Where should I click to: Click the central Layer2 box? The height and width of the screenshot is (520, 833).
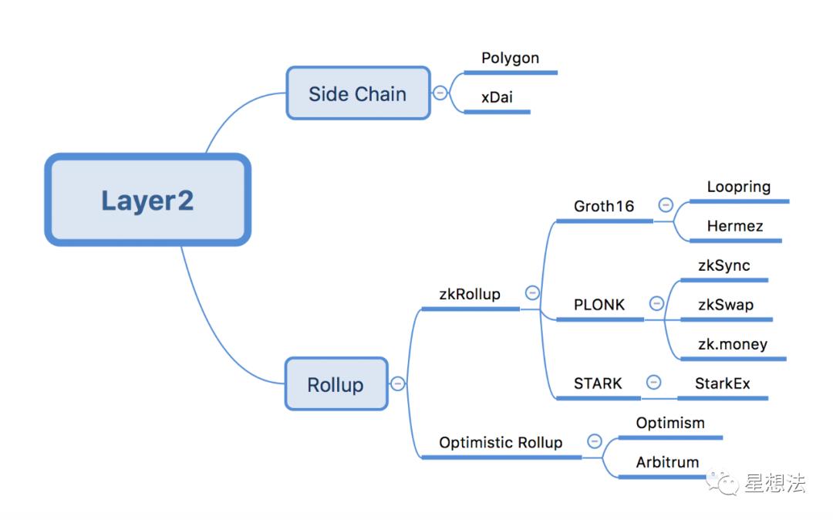tap(147, 200)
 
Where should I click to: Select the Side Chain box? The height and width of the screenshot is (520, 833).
tap(358, 93)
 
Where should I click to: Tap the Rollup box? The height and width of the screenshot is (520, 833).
tap(336, 384)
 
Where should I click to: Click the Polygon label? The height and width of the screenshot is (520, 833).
tap(510, 58)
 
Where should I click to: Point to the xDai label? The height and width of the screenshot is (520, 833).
tap(497, 97)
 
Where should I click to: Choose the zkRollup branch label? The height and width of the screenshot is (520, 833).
tap(470, 294)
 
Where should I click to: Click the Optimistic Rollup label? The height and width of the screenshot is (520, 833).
tap(501, 442)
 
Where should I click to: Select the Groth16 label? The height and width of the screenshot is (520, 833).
tap(604, 206)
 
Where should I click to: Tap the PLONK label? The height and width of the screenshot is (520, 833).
tap(599, 305)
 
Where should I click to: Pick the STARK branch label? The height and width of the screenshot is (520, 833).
tap(598, 383)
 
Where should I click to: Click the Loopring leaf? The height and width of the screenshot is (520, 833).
tap(738, 187)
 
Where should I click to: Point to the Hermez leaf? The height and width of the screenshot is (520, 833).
tap(735, 226)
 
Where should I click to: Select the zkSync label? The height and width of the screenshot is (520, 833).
tap(724, 265)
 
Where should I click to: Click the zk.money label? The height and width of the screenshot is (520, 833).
tap(733, 344)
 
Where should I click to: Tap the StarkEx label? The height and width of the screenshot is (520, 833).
tap(723, 383)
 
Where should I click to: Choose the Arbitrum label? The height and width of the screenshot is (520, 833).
tap(667, 462)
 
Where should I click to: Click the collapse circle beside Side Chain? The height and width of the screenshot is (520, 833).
tap(440, 93)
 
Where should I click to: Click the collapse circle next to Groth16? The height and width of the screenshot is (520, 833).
tap(666, 204)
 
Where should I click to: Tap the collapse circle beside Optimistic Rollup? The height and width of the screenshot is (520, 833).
tap(595, 441)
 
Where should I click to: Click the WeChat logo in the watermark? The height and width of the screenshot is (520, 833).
tap(722, 482)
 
